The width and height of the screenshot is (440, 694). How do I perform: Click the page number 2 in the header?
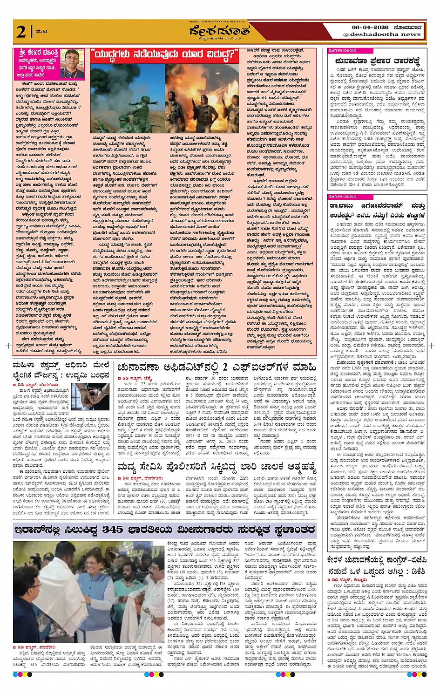click(21, 31)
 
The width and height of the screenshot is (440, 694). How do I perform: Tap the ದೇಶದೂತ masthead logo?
click(220, 31)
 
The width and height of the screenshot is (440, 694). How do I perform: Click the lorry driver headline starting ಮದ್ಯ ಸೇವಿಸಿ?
click(217, 466)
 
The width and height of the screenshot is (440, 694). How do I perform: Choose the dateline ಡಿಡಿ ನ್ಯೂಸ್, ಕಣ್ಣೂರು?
click(347, 580)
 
